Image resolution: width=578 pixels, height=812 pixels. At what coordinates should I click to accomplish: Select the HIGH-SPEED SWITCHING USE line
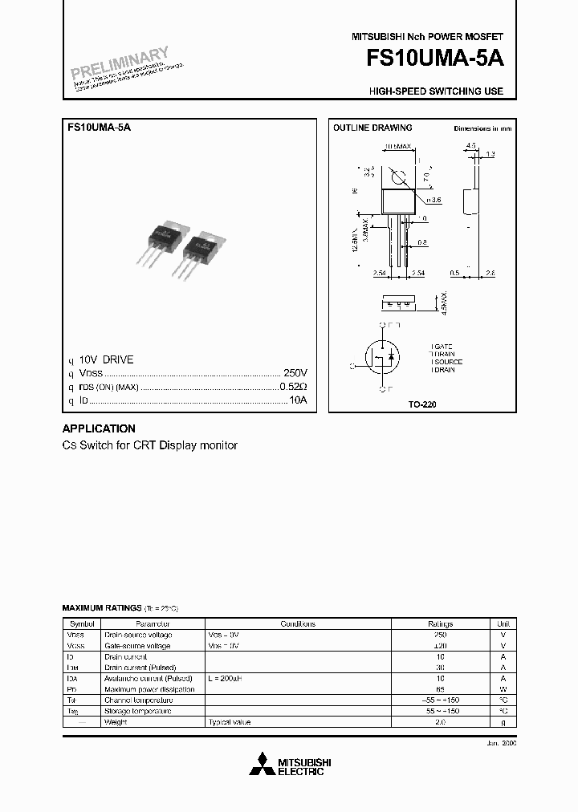(436, 91)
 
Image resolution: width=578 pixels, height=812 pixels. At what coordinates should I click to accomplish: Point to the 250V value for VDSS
(295, 374)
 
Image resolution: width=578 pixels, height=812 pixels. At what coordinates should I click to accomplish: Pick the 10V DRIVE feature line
(106, 360)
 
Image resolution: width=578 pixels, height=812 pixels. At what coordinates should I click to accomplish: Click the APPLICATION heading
(99, 428)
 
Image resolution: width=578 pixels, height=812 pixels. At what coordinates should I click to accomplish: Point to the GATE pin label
(443, 346)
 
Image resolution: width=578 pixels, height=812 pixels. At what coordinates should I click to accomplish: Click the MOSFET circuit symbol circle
(383, 359)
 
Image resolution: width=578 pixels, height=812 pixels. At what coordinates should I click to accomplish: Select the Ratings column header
(440, 623)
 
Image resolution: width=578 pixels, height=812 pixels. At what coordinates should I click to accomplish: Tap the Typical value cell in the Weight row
(230, 722)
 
